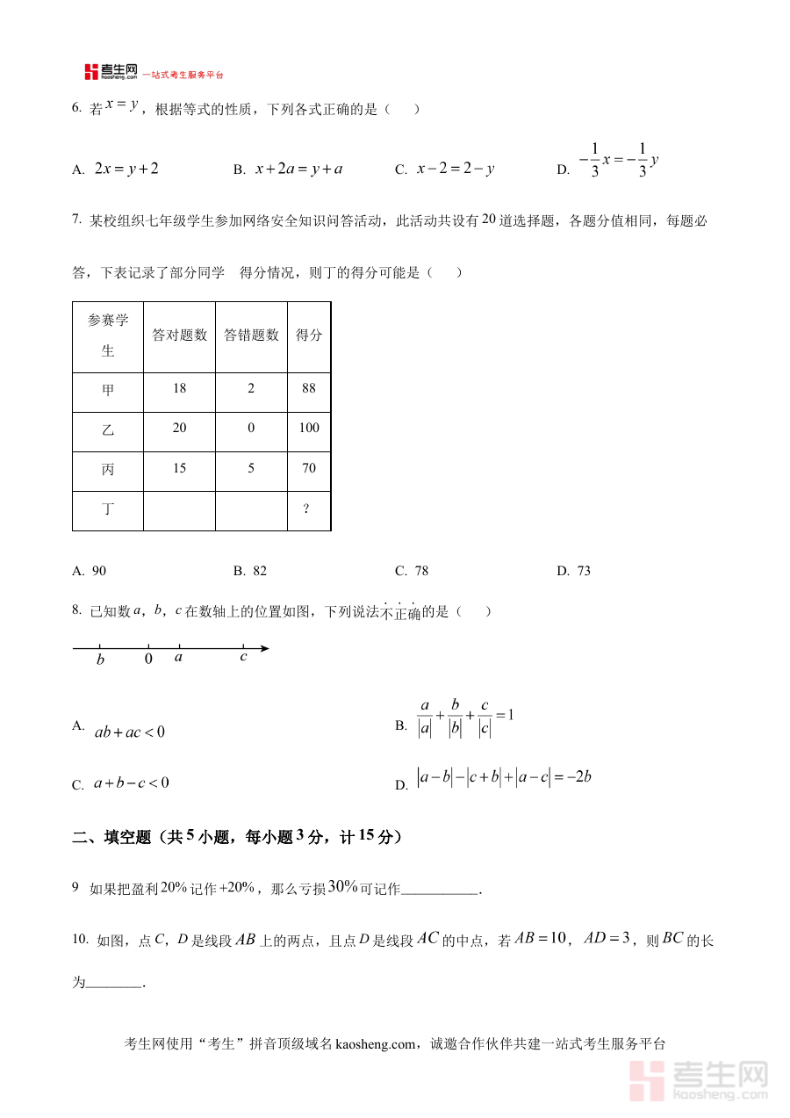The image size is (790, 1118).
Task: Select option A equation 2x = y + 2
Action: pyautogui.click(x=126, y=168)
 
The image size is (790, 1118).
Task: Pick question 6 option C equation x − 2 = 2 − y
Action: pyautogui.click(x=455, y=168)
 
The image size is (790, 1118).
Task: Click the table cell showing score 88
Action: pyautogui.click(x=308, y=388)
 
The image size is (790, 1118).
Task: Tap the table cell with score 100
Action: pyautogui.click(x=308, y=428)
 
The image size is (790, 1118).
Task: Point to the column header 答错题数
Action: pyautogui.click(x=251, y=335)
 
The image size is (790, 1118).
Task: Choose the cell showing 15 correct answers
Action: pyautogui.click(x=180, y=468)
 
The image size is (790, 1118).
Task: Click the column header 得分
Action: pyautogui.click(x=309, y=335)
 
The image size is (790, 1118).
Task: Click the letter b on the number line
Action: pyautogui.click(x=100, y=660)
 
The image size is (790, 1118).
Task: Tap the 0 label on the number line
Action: pyautogui.click(x=148, y=659)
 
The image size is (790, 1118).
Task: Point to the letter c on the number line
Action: pyautogui.click(x=243, y=657)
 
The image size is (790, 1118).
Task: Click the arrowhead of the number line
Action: pyautogui.click(x=264, y=649)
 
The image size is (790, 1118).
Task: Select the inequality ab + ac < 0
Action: pyautogui.click(x=129, y=732)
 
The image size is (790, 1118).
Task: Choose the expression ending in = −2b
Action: pyautogui.click(x=505, y=776)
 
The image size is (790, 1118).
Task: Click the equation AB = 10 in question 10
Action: pyautogui.click(x=542, y=939)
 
